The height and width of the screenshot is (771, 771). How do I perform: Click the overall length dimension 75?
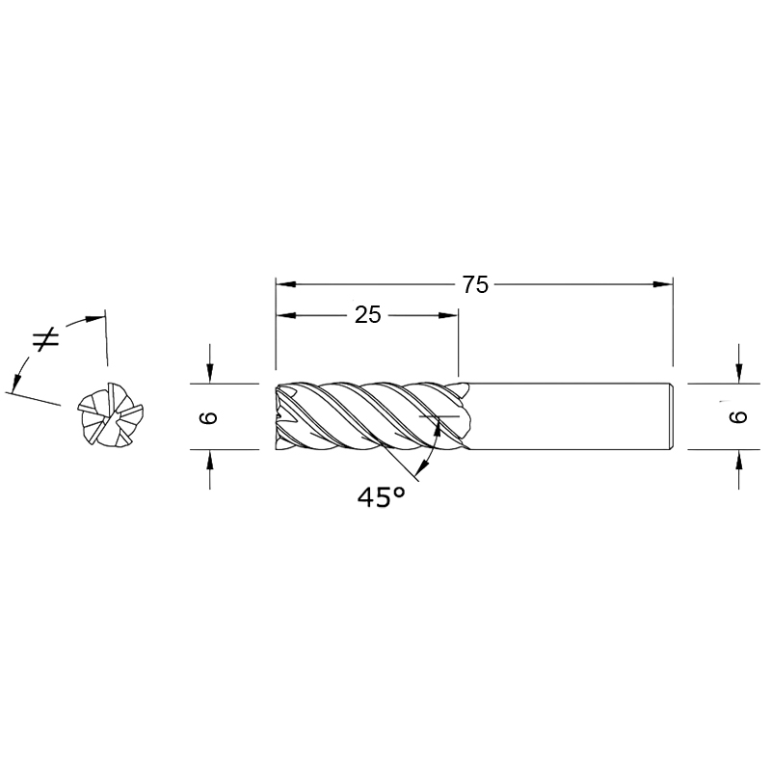tap(475, 284)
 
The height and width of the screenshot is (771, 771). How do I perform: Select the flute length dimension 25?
tap(368, 315)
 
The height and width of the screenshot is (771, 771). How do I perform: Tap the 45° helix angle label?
tap(382, 496)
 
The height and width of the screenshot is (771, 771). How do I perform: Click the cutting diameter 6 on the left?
tap(208, 417)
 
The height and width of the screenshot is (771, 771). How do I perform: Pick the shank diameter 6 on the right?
tap(738, 417)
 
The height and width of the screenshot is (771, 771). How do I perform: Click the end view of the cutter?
tap(111, 415)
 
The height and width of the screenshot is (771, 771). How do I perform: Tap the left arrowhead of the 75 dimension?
tap(286, 284)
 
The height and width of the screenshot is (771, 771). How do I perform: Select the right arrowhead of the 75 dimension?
tap(663, 284)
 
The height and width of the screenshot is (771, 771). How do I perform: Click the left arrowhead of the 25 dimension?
tap(286, 315)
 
